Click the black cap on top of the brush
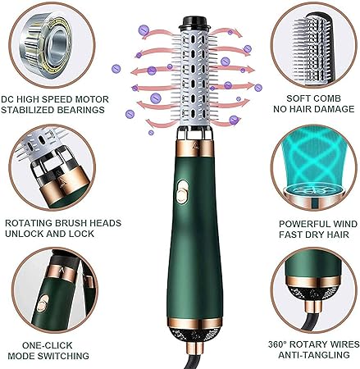pos(195,23)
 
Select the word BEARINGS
pos(80,110)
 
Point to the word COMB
pos(328,98)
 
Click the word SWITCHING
pos(63,356)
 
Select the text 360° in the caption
pos(277,344)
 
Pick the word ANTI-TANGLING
pos(314,355)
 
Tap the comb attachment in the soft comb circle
pos(314,48)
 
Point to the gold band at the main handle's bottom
pos(195,323)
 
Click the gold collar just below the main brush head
pos(195,148)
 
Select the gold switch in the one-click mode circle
pos(43,304)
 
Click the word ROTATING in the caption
pos(29,223)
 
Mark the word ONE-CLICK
pos(48,345)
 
